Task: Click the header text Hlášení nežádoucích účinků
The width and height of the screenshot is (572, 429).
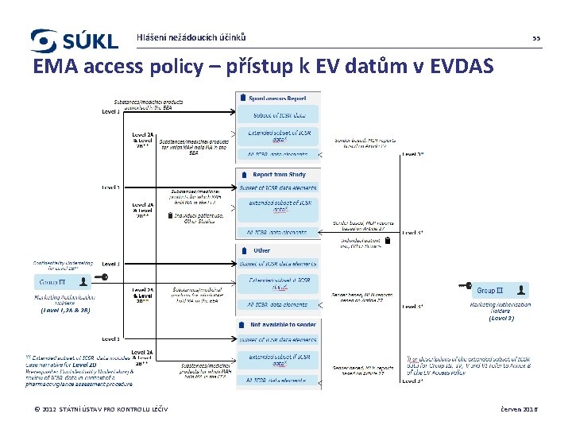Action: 191,37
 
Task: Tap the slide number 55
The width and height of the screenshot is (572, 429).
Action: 535,38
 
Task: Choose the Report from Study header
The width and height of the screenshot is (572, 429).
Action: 279,174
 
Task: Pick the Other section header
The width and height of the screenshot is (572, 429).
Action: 262,250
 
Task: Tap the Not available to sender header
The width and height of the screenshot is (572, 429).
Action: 284,325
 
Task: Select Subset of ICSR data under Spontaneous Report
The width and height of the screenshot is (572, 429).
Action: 280,115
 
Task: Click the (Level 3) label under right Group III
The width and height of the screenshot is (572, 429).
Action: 501,318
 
